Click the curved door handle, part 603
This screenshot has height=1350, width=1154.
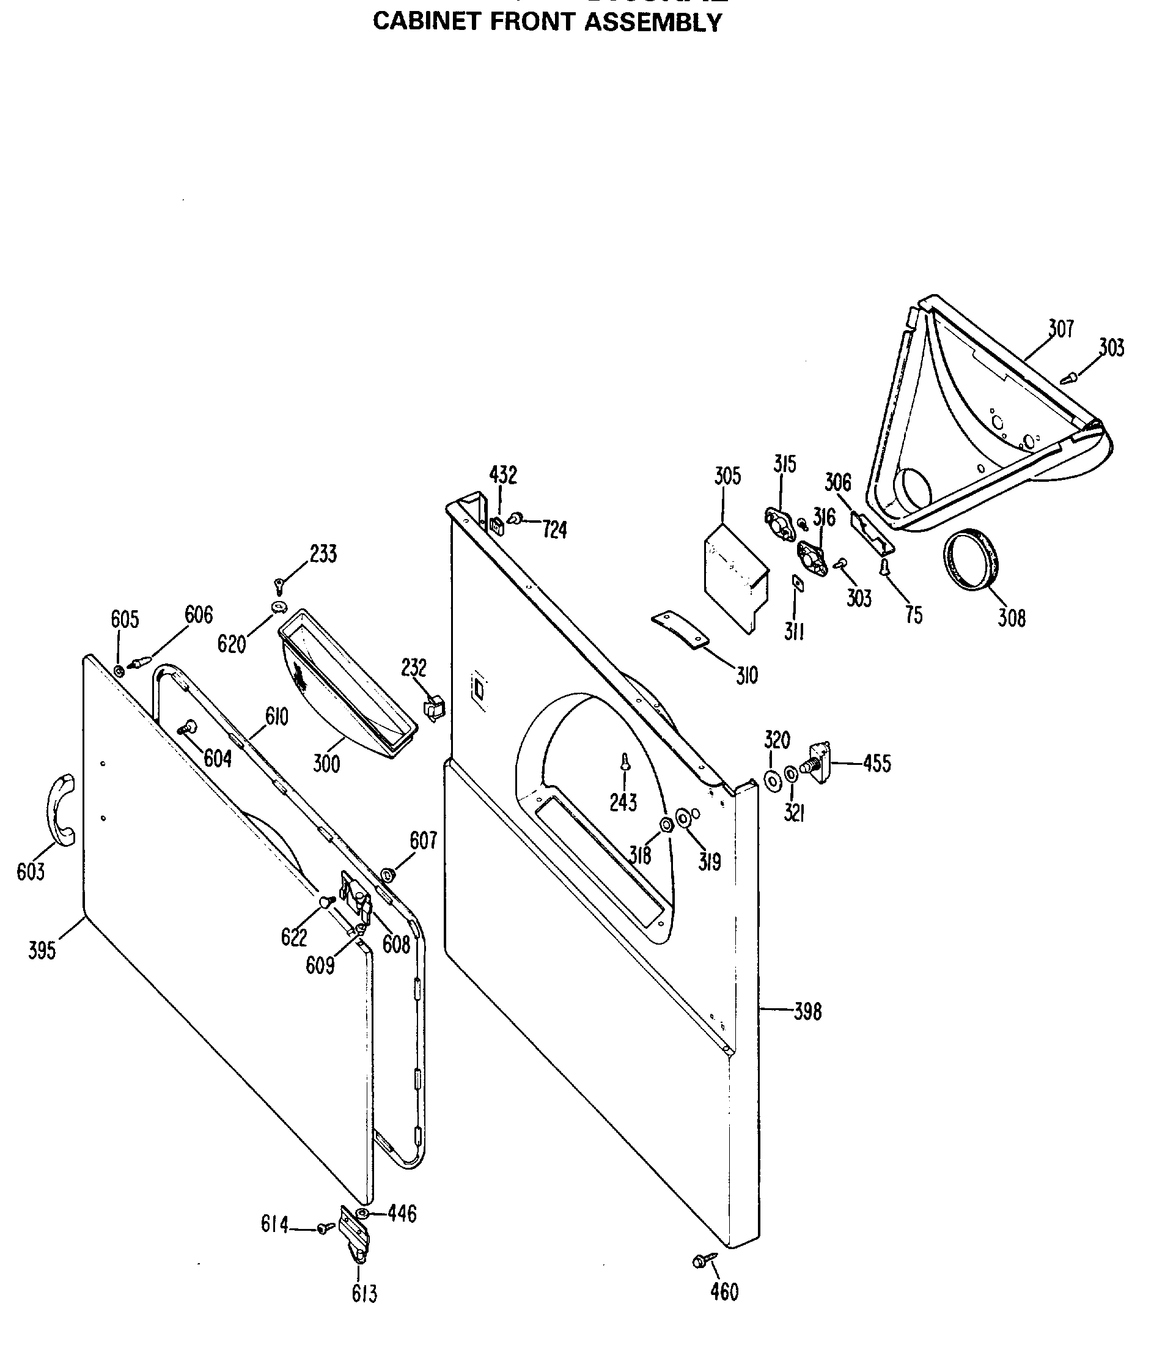[60, 811]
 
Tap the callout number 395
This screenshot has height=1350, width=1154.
[42, 951]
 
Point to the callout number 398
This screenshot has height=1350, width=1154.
[807, 1012]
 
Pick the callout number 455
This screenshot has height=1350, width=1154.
[877, 764]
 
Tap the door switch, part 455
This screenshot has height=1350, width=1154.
[818, 762]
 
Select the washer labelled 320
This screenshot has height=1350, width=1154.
[773, 780]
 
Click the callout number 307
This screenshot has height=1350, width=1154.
[1060, 328]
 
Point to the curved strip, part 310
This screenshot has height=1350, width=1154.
[680, 629]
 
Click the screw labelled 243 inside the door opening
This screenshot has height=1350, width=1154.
[625, 761]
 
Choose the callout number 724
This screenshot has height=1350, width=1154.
[555, 530]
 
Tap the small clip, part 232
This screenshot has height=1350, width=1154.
[434, 707]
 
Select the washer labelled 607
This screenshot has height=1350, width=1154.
[386, 873]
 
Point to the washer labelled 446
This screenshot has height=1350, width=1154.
[362, 1213]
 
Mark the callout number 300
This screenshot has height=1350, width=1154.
[326, 763]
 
